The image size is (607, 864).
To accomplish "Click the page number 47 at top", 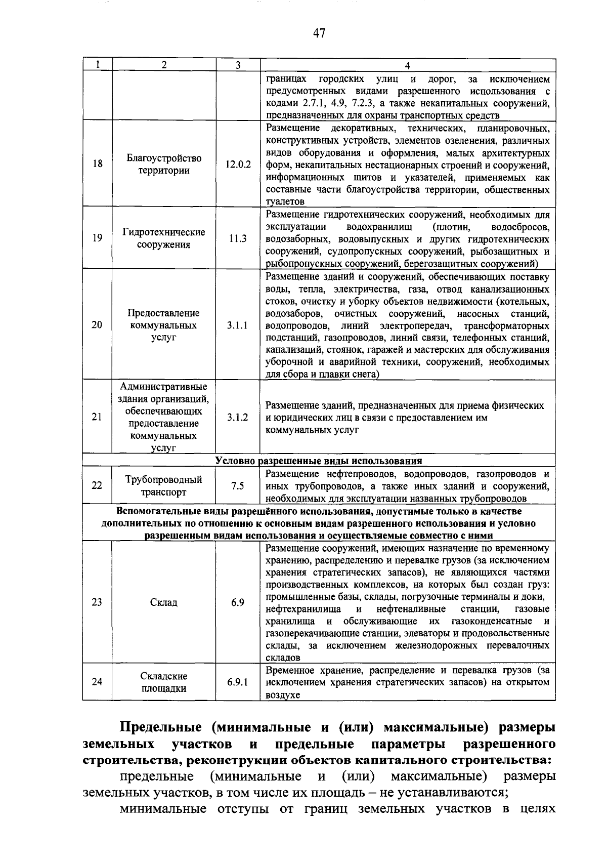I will [319, 33].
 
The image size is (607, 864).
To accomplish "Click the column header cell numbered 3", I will [238, 65].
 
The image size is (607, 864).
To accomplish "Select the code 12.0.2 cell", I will [238, 164].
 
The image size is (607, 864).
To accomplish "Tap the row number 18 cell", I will [97, 164].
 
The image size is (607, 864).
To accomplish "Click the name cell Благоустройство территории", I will [164, 164].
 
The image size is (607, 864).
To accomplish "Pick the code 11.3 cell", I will [238, 238].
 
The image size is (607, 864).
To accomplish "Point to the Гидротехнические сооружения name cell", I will [164, 238].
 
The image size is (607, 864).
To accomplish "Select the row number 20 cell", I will [97, 325].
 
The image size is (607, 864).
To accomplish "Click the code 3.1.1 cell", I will [238, 325].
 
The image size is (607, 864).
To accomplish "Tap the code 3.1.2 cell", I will [238, 417].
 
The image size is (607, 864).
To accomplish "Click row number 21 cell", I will [97, 417].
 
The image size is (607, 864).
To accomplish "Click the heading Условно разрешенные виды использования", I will [319, 461].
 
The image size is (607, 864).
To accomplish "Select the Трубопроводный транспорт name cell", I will [164, 485].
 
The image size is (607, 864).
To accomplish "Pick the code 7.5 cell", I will [238, 485].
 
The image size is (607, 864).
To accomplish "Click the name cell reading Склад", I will [164, 602].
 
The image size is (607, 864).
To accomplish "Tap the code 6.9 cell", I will [238, 602].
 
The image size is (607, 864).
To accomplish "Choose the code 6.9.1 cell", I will [238, 682].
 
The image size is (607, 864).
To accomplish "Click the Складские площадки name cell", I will [164, 682].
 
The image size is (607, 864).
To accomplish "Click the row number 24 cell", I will [97, 682].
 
